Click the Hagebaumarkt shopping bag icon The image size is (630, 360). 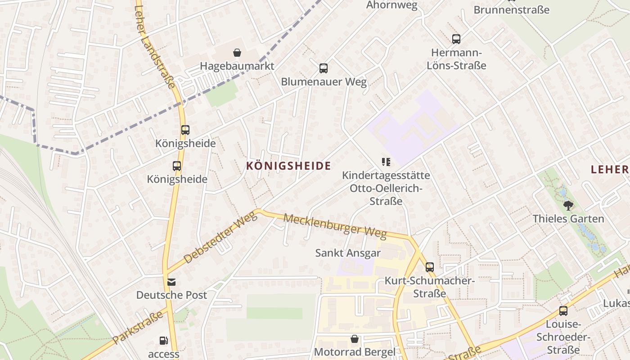point(237,53)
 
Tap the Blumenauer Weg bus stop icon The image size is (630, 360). point(324,68)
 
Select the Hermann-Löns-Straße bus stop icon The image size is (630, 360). point(456,39)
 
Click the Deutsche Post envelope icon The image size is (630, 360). point(171,282)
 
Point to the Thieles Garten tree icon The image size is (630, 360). point(568,206)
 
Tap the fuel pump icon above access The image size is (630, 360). point(164,341)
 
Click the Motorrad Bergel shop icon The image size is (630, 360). point(355,339)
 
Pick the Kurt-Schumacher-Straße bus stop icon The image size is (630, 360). point(430,267)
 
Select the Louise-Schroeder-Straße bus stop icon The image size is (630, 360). point(563,310)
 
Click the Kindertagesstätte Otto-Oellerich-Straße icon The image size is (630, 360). point(386,162)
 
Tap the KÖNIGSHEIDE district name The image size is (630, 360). point(288,166)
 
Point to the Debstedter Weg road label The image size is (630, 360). point(220,237)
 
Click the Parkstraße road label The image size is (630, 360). point(138,327)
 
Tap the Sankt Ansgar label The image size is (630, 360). point(348,253)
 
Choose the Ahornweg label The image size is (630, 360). point(392,5)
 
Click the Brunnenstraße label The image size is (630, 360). point(512,9)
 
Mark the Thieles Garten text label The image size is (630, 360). point(568,219)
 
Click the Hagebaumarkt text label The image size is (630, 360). point(237,66)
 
